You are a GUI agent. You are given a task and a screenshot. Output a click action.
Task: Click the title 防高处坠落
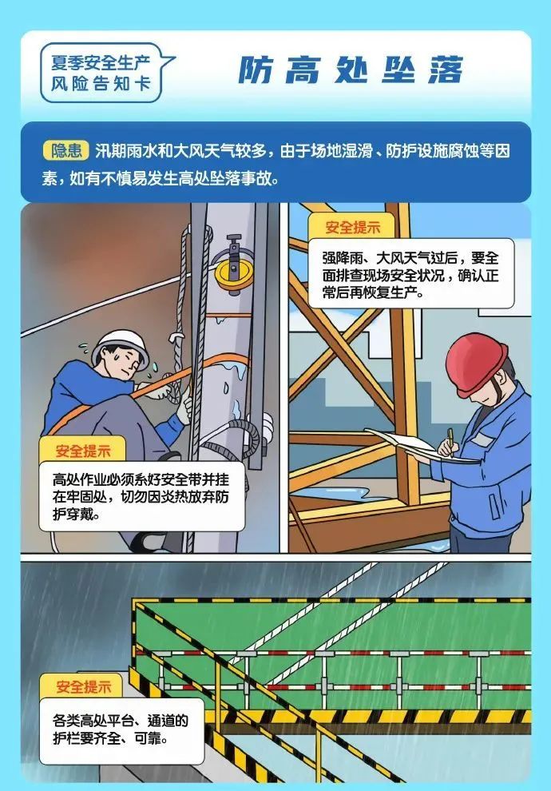351,70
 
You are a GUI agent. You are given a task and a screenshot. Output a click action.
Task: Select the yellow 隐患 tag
65,150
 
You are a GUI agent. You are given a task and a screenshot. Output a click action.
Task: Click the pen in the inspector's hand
450,441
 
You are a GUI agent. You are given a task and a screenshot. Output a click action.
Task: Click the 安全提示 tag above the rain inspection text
352,227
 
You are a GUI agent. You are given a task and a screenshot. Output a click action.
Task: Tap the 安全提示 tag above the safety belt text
83,451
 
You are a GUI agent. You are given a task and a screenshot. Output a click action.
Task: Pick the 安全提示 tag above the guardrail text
83,686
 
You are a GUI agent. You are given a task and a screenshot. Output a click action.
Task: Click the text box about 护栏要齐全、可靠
122,730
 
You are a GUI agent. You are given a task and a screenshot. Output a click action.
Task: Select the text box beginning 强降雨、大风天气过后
411,274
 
